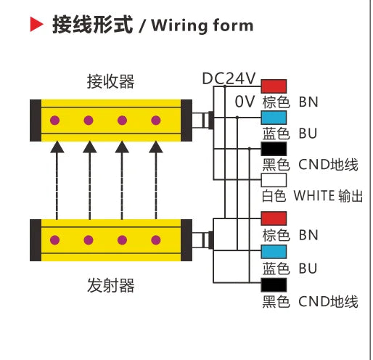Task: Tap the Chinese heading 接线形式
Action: click(93, 26)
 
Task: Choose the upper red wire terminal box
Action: click(274, 86)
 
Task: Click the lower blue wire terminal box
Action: click(274, 251)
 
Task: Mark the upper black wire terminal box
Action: click(274, 150)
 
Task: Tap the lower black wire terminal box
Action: click(274, 285)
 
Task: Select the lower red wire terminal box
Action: click(274, 218)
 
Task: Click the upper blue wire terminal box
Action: click(274, 118)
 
